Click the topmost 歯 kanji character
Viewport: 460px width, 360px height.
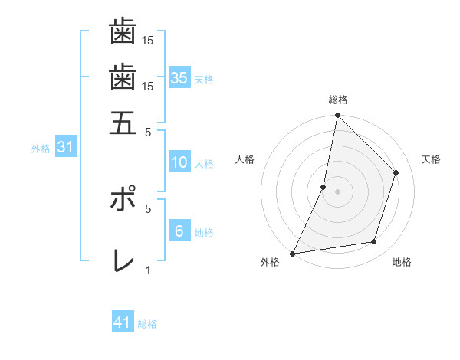pyautogui.click(x=123, y=32)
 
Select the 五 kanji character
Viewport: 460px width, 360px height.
pyautogui.click(x=123, y=123)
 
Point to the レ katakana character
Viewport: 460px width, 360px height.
pyautogui.click(x=123, y=260)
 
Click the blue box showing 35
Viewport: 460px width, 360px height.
pyautogui.click(x=179, y=77)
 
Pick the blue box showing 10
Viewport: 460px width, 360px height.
pyautogui.click(x=179, y=162)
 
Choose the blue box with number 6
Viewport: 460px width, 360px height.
pyautogui.click(x=179, y=231)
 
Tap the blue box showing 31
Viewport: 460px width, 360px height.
pyautogui.click(x=65, y=148)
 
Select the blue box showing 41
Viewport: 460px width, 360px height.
pyautogui.click(x=123, y=322)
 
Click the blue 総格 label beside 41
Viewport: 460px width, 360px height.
pyautogui.click(x=147, y=324)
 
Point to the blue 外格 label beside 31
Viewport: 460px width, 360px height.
pyautogui.click(x=41, y=149)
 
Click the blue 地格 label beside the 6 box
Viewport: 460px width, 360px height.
pyautogui.click(x=204, y=232)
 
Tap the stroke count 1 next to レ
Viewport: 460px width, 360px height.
pyautogui.click(x=148, y=270)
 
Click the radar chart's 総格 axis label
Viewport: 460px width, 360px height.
pyautogui.click(x=337, y=100)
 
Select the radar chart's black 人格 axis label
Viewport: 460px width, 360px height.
pyautogui.click(x=245, y=159)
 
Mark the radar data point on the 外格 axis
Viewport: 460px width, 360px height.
pyautogui.click(x=293, y=253)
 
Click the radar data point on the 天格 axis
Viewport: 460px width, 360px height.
pyautogui.click(x=396, y=172)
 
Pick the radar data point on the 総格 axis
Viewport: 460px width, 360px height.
pyautogui.click(x=337, y=115)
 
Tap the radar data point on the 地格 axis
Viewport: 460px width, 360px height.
pyautogui.click(x=374, y=242)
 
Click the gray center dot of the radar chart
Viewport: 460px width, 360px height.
pyautogui.click(x=337, y=191)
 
